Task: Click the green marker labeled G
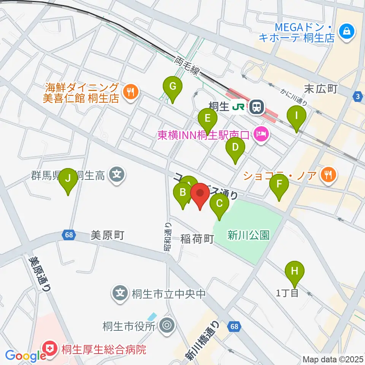tap(173, 87)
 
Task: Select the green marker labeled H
tap(295, 271)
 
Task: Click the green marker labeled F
tap(279, 185)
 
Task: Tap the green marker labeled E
tap(208, 118)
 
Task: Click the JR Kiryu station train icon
tap(257, 107)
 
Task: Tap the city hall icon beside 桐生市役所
tap(166, 326)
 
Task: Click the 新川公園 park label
tap(248, 236)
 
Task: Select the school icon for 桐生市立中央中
tap(120, 293)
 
